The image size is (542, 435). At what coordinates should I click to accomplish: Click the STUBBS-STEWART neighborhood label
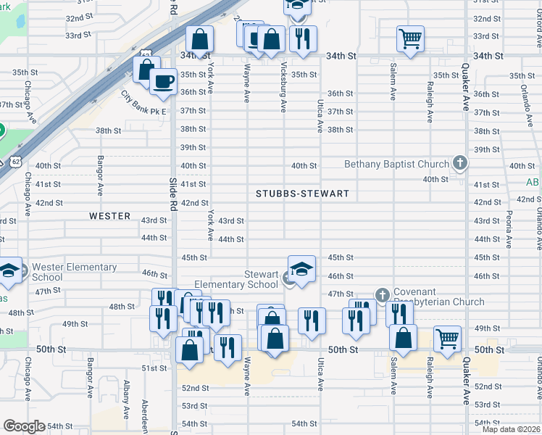pos(302,194)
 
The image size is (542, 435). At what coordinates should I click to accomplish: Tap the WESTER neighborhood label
pos(109,216)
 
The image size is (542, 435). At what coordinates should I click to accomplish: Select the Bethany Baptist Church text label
pos(396,165)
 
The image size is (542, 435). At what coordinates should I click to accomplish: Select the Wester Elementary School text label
pos(74,272)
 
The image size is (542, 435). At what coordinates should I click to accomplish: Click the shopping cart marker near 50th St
pos(447,338)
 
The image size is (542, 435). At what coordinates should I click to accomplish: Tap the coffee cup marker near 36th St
pos(164,80)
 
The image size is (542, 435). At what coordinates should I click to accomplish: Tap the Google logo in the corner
pos(24,426)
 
